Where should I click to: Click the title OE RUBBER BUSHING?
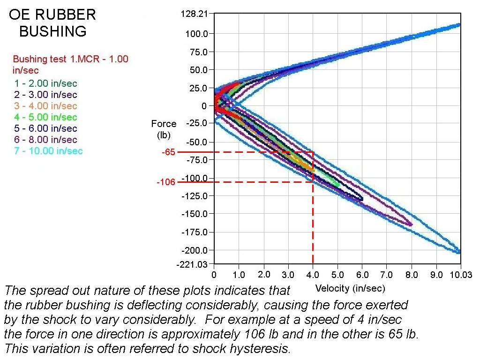(52, 22)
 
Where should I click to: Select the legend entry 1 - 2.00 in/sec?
(45, 83)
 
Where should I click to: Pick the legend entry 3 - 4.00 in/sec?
(45, 106)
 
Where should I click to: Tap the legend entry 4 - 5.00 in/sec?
(45, 117)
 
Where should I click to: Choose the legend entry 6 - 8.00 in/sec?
(45, 139)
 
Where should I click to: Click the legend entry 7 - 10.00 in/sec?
(48, 150)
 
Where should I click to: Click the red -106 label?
(165, 182)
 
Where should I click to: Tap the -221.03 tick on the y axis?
(192, 264)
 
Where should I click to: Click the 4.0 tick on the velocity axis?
(313, 274)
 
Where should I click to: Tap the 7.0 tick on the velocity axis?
(387, 274)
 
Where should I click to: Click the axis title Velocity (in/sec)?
(350, 288)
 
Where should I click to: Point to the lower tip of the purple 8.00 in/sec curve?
(411, 225)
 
